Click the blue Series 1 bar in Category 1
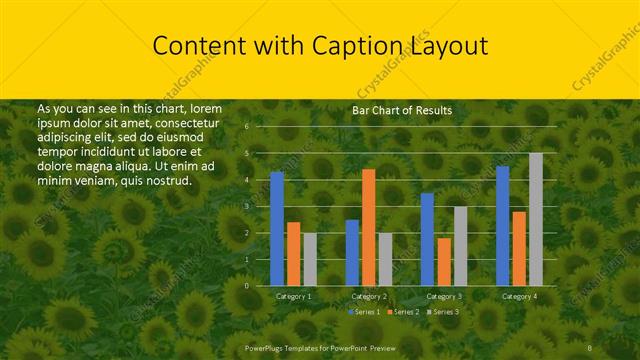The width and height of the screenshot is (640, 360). (x=277, y=228)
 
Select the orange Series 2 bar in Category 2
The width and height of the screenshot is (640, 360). (x=368, y=227)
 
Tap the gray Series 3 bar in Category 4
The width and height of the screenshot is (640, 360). (x=536, y=219)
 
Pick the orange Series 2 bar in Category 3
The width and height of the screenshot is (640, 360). (x=443, y=261)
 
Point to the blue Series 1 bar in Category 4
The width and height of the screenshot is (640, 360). (x=503, y=226)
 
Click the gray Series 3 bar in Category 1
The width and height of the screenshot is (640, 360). (x=309, y=259)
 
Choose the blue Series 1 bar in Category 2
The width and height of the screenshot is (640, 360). (x=352, y=252)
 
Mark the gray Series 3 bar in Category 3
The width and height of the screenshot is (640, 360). (x=460, y=246)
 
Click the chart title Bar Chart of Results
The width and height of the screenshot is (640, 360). (x=402, y=110)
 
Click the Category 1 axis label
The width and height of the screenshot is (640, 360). (x=293, y=296)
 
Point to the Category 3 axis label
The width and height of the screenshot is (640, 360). (x=444, y=296)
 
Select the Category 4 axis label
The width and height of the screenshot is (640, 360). (x=519, y=296)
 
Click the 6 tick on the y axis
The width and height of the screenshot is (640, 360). (x=246, y=127)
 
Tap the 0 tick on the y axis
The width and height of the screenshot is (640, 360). (x=246, y=286)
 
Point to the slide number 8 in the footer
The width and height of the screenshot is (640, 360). (x=590, y=347)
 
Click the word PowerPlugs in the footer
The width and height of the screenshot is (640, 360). (x=266, y=347)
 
